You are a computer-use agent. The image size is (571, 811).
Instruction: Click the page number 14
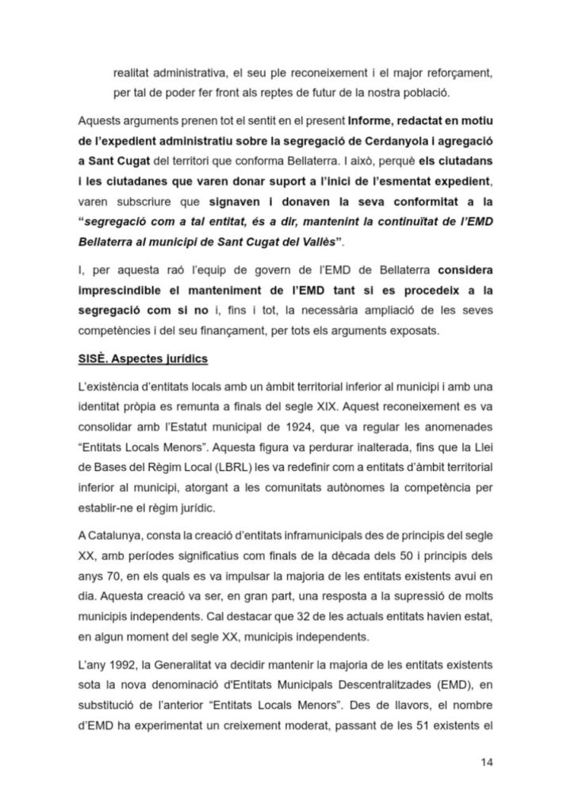[487, 763]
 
